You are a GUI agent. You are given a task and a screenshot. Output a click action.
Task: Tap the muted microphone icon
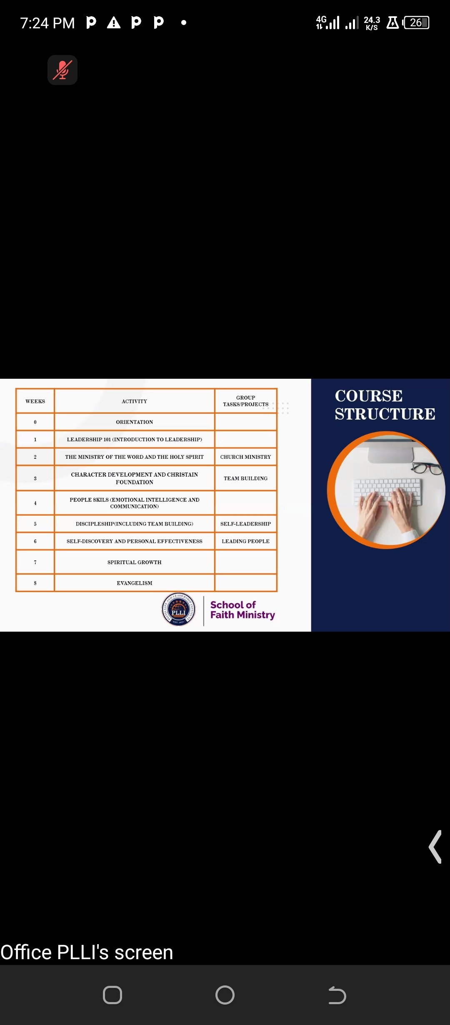click(x=62, y=70)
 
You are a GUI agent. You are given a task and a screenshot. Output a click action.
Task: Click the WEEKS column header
click(x=35, y=401)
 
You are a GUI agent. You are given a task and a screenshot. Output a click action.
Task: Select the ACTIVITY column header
click(x=134, y=401)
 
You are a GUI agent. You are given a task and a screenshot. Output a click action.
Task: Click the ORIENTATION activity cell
click(x=134, y=422)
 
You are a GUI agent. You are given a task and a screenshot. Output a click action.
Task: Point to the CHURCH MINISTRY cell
click(x=245, y=457)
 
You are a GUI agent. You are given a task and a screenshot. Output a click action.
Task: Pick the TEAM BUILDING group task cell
click(x=245, y=478)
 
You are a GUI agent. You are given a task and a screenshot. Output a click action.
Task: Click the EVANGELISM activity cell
click(x=134, y=583)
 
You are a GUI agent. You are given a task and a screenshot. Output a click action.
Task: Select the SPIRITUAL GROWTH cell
click(x=134, y=562)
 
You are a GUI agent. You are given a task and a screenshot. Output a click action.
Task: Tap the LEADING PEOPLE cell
click(x=245, y=541)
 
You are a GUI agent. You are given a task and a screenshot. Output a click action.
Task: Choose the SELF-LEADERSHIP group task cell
click(x=245, y=524)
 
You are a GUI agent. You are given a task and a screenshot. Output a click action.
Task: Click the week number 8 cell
click(x=35, y=583)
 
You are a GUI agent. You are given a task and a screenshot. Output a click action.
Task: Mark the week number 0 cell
click(x=35, y=422)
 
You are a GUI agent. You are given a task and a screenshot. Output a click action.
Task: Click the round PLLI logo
click(x=178, y=609)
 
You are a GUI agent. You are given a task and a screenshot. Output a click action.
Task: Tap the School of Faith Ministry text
click(x=242, y=610)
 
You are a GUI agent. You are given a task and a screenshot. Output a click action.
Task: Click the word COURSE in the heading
click(x=369, y=396)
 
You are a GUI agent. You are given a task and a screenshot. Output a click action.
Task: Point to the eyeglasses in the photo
click(x=427, y=468)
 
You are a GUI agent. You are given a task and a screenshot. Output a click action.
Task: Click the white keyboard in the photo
click(x=387, y=491)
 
